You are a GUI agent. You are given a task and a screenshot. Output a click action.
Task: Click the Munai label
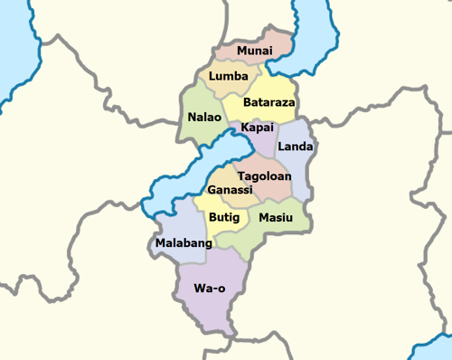point(253,51)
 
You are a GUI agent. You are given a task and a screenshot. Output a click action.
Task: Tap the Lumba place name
point(228,77)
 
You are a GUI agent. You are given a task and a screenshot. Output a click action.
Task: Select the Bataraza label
point(269,103)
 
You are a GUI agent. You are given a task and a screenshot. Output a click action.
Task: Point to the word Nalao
point(203,118)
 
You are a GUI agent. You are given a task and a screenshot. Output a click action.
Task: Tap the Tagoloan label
point(264,175)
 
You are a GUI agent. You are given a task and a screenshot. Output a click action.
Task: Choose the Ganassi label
point(231,191)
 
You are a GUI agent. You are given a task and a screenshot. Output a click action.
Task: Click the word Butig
point(224,218)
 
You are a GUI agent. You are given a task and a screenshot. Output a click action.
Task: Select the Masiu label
point(276,218)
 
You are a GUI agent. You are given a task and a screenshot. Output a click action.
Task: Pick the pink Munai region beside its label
point(280,41)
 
